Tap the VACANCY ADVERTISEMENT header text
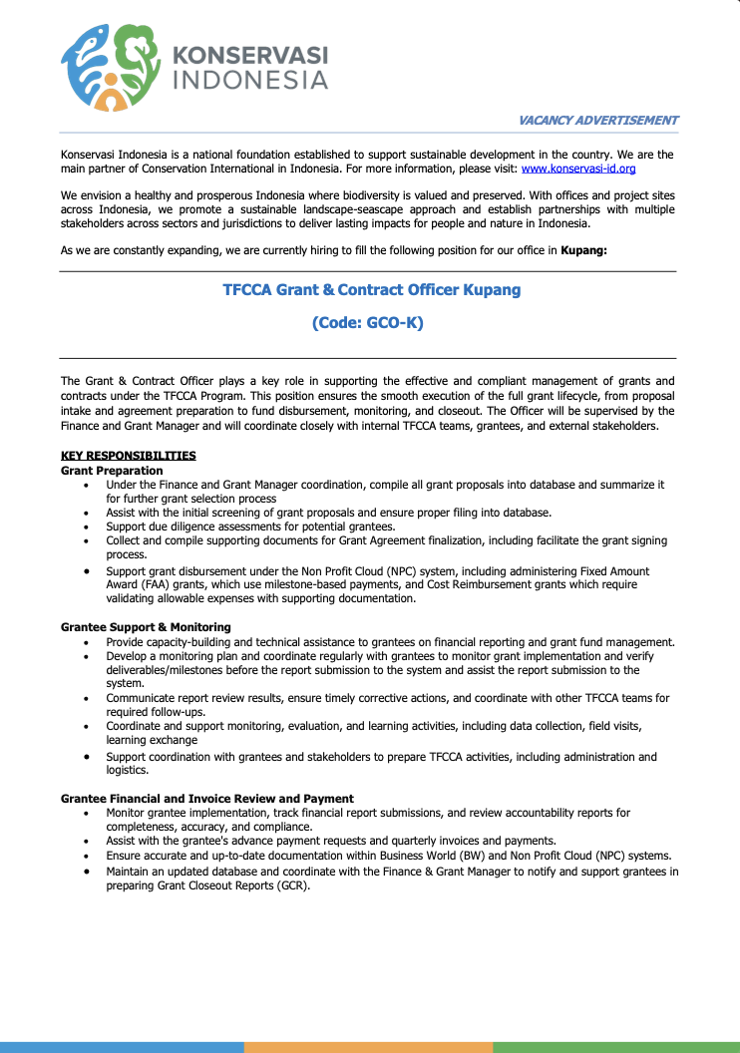598,121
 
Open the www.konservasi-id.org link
578,169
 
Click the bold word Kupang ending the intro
583,250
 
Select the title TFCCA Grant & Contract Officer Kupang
371,290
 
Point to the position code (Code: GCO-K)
368,323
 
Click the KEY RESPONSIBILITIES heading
128,456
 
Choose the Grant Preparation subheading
112,470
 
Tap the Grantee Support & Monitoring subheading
146,627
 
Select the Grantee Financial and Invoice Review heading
207,799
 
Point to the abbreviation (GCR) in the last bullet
288,884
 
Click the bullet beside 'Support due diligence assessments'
90,526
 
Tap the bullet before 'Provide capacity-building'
90,642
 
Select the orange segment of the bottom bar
368,1048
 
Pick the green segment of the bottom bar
616,1048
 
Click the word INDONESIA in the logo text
250,81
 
